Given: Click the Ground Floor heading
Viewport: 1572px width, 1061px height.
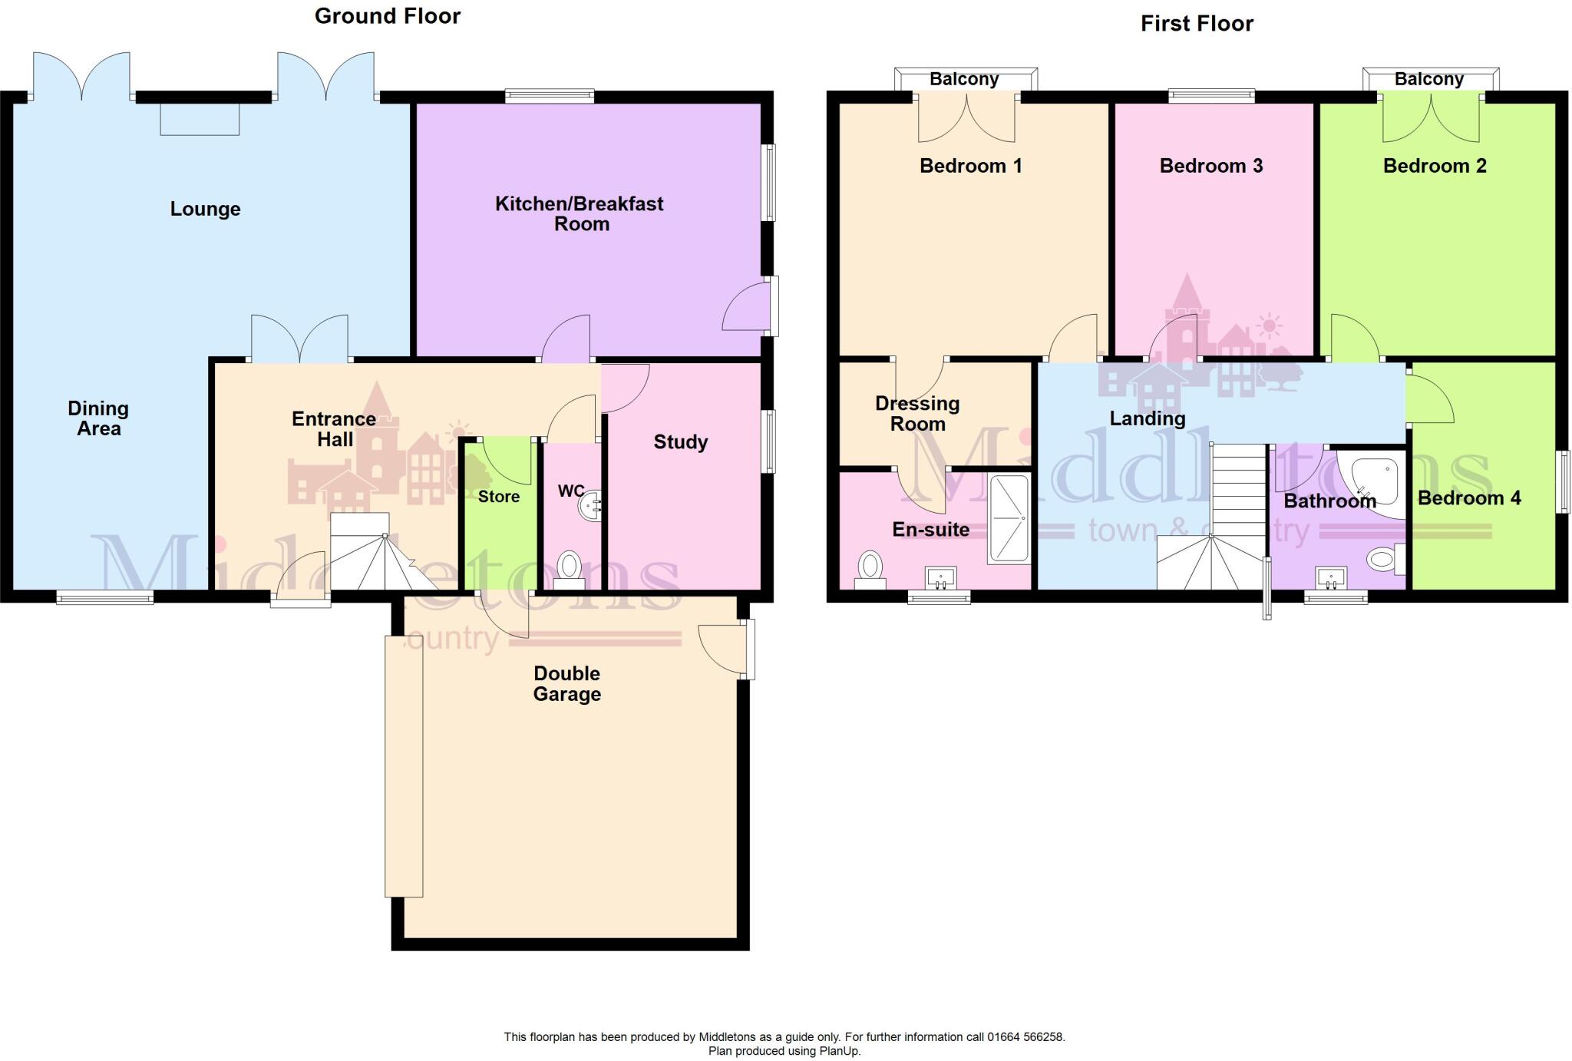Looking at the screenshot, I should (387, 16).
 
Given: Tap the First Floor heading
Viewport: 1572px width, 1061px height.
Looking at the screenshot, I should (1197, 24).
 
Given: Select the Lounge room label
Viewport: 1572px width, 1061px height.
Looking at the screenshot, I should (205, 209).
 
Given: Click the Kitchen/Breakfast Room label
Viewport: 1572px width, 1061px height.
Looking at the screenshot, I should (580, 213).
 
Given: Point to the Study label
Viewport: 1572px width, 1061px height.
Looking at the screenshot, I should (680, 442).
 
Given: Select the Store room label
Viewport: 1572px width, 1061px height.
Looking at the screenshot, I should (498, 497).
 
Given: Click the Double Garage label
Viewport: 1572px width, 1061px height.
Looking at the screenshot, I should (566, 683).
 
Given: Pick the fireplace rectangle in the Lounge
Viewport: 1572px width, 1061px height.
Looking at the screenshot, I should (200, 119).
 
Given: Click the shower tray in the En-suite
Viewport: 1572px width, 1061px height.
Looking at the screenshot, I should (1009, 519).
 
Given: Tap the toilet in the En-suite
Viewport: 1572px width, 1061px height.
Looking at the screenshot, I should (870, 567).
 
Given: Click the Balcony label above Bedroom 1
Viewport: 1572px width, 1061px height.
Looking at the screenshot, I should (964, 79).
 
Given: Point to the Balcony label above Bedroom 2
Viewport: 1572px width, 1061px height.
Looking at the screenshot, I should (1428, 79).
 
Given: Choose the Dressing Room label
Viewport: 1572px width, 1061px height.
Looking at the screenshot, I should (917, 414).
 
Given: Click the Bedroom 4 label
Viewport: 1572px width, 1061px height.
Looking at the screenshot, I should (1468, 498).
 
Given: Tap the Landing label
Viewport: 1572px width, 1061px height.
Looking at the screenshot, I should (1147, 418).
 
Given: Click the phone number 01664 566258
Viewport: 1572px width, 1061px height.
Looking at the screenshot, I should (1025, 1037).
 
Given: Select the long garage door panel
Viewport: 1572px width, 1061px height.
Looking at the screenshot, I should (404, 766).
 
